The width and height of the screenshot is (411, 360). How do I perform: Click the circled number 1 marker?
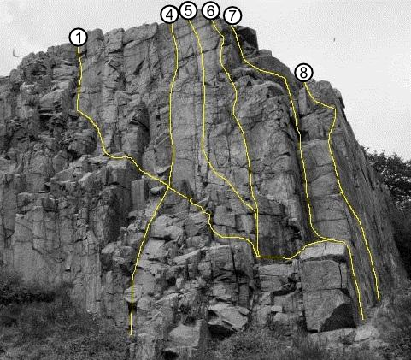(79, 38)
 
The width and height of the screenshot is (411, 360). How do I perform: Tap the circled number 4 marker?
(170, 15)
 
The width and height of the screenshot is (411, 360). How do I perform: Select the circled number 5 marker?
(189, 11)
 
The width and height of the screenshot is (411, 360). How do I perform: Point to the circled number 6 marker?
(211, 11)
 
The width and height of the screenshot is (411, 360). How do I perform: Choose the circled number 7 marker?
(232, 15)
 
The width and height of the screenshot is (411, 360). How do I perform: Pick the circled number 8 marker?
(303, 73)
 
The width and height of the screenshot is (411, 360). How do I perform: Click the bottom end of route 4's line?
(131, 334)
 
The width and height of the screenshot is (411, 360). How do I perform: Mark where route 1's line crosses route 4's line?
(168, 186)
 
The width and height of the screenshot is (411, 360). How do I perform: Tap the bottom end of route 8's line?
(379, 300)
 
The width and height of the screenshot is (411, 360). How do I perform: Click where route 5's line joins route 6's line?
(255, 211)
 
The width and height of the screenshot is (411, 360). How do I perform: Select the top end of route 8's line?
(304, 82)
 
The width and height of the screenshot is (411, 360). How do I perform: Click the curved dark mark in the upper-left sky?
(15, 53)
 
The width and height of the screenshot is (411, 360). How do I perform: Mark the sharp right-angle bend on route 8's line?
(335, 109)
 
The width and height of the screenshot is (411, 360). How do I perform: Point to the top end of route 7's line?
(232, 26)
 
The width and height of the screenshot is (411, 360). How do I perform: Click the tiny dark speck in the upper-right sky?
(334, 39)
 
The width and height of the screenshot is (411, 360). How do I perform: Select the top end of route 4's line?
(172, 24)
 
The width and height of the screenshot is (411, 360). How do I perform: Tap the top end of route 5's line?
(190, 21)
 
